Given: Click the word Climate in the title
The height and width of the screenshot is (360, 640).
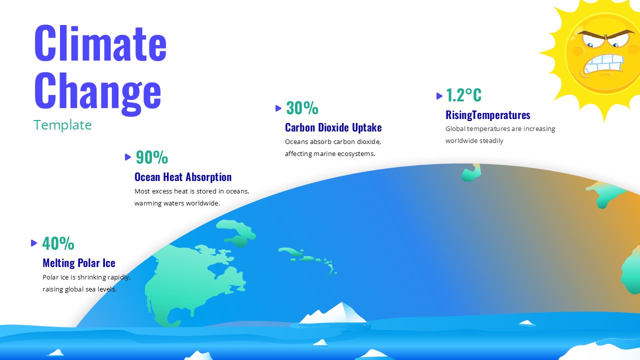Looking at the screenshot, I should click(100, 43).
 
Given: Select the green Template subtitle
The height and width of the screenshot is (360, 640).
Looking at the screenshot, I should click(62, 125).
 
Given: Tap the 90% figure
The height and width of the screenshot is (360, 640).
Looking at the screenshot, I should click(151, 157).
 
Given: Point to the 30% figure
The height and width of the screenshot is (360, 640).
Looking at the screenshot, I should click(302, 108).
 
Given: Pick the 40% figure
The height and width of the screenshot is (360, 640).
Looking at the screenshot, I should click(58, 243).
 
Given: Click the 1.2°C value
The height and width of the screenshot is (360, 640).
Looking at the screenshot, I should click(463, 95).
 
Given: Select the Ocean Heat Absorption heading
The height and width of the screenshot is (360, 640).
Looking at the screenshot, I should click(183, 177).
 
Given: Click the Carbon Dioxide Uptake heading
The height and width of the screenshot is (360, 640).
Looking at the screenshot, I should click(333, 127).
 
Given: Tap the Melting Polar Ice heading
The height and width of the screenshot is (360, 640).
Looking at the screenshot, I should click(79, 263).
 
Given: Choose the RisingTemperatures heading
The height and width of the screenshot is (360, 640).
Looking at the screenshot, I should click(487, 115).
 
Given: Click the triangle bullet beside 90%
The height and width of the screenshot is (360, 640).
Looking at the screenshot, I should click(128, 157).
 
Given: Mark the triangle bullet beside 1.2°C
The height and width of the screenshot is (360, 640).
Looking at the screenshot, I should click(439, 95).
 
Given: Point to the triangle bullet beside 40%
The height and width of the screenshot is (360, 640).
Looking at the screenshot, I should click(34, 243).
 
